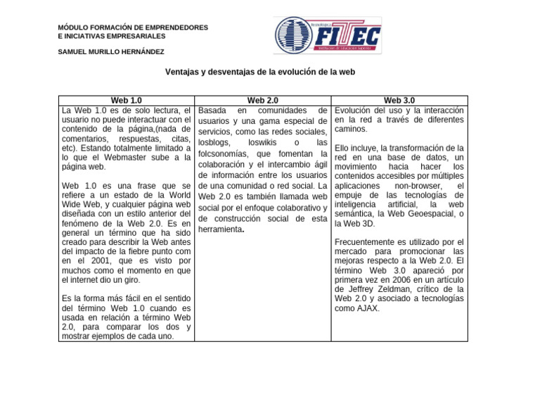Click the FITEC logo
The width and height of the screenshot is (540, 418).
point(327,35)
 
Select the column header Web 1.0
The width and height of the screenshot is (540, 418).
point(126,101)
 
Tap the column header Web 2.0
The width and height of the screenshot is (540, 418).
point(263,101)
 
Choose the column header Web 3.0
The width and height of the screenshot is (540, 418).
point(399,101)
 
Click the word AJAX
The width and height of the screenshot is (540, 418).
point(368,308)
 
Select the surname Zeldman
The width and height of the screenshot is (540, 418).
point(403,289)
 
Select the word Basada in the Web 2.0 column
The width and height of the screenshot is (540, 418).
point(214,110)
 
